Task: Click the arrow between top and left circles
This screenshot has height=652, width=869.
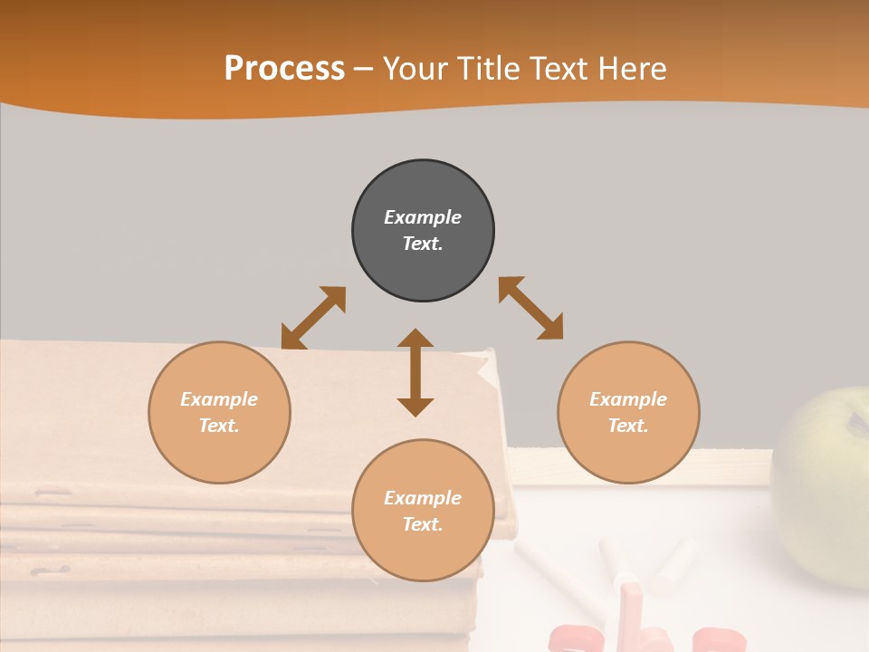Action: pyautogui.click(x=313, y=318)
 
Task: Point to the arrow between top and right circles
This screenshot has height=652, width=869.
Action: pyautogui.click(x=530, y=308)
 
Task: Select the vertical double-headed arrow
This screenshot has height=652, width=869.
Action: pyautogui.click(x=415, y=372)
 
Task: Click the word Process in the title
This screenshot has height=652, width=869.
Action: pyautogui.click(x=284, y=68)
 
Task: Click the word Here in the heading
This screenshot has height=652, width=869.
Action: pyautogui.click(x=633, y=68)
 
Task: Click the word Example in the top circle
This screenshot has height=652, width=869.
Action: pyautogui.click(x=423, y=217)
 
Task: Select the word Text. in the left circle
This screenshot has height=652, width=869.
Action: pyautogui.click(x=219, y=426)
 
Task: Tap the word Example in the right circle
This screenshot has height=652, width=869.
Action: pyautogui.click(x=628, y=399)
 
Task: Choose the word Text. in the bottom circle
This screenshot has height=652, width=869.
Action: pyautogui.click(x=423, y=524)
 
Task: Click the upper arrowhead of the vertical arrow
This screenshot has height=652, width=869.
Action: pyautogui.click(x=415, y=340)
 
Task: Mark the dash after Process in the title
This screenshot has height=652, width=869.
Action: pyautogui.click(x=363, y=69)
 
